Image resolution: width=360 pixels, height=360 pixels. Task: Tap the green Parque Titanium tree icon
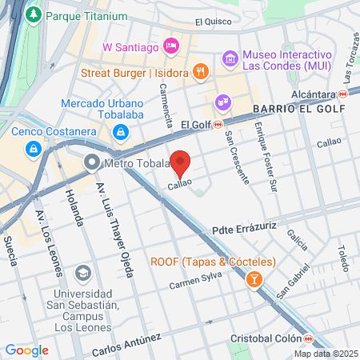34,15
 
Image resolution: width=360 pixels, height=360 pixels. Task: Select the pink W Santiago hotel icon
170,46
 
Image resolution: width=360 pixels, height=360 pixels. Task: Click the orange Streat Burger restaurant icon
201,71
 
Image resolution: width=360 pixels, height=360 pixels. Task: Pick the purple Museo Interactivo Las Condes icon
230,58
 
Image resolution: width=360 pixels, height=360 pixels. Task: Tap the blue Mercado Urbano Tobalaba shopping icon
119,130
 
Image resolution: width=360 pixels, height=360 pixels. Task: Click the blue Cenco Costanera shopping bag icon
34,148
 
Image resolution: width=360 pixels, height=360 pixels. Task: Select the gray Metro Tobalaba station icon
93,164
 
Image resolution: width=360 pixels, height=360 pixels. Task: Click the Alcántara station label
318,94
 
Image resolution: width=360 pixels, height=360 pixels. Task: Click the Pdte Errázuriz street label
244,228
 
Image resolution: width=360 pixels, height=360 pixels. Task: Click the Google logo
26,350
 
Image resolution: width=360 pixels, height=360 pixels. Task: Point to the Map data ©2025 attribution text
325,354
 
